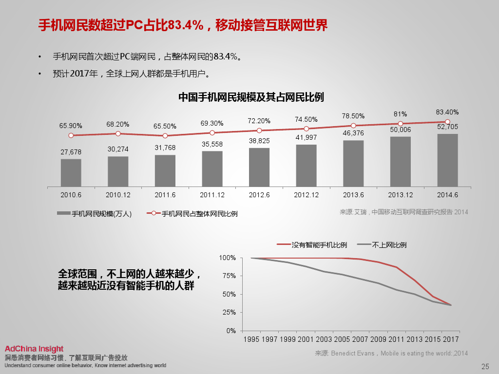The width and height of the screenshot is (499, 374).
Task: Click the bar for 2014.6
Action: click(447, 160)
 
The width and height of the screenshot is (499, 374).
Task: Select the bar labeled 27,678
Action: click(71, 173)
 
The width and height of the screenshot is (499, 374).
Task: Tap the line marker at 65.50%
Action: click(165, 136)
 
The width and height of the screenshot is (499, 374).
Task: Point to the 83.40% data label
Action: click(447, 112)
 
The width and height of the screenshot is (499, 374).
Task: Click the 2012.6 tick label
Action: click(259, 195)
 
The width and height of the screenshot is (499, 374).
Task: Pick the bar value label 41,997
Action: click(306, 137)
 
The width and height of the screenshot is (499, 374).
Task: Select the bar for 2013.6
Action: click(353, 164)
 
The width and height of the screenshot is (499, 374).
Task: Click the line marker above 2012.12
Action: click(306, 129)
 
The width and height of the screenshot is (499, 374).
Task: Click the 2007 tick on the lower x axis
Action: click(360, 339)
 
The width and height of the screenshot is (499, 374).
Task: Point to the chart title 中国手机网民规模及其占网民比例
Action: click(251, 97)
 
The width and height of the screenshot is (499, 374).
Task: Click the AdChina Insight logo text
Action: click(34, 349)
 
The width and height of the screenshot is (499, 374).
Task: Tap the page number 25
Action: click(485, 367)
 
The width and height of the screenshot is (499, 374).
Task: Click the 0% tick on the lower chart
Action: click(230, 331)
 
